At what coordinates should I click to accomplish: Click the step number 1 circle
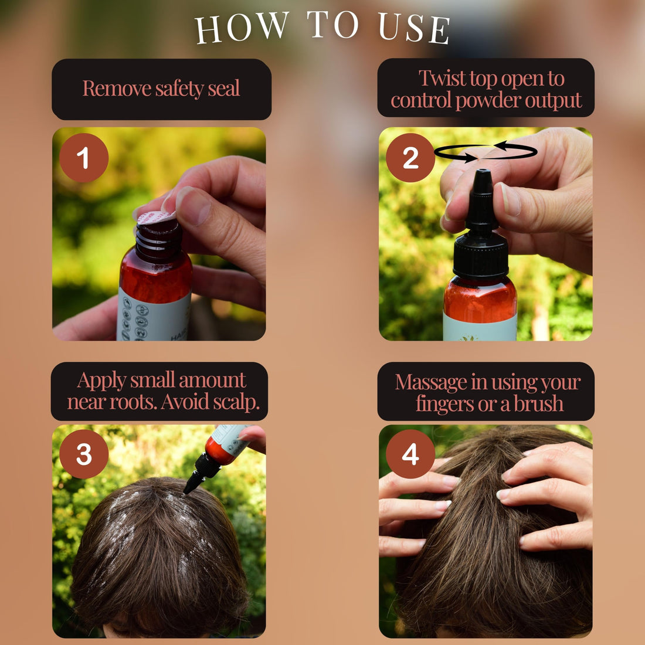point(84,158)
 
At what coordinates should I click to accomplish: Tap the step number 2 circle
point(410,158)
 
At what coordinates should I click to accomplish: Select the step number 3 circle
point(84,454)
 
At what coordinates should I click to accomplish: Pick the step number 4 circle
point(410,454)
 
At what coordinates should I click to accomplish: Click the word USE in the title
point(414,28)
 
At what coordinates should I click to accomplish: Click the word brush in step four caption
point(539,403)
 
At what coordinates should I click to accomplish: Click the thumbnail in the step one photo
point(192,206)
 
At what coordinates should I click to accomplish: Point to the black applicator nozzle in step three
point(202,472)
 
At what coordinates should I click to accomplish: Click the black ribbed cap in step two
point(480,255)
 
